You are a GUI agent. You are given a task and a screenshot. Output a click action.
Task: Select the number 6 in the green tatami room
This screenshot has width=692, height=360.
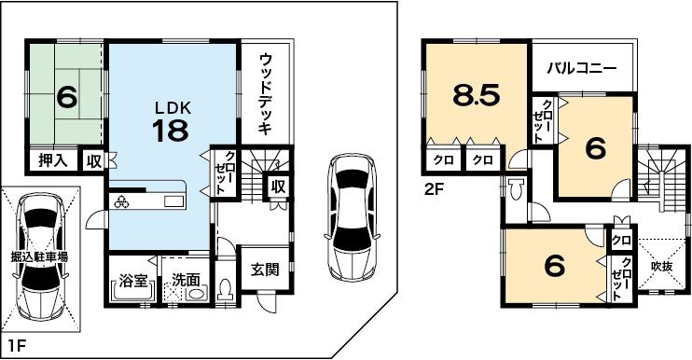66,96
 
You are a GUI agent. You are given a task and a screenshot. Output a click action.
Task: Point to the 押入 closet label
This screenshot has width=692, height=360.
52,160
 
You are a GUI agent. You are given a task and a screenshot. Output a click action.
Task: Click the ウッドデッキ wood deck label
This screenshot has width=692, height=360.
266,95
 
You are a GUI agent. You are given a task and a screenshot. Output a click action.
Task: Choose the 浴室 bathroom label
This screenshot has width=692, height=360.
132,279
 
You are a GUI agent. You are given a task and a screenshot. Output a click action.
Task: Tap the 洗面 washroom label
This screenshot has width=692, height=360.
186,279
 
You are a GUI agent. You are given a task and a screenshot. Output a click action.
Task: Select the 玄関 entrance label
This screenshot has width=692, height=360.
265,270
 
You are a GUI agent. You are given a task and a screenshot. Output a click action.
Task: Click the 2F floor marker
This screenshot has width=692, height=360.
431,187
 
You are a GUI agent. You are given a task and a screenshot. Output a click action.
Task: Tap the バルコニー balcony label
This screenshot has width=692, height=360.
581,68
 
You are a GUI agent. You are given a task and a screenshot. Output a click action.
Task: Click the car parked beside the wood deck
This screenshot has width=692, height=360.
350,218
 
